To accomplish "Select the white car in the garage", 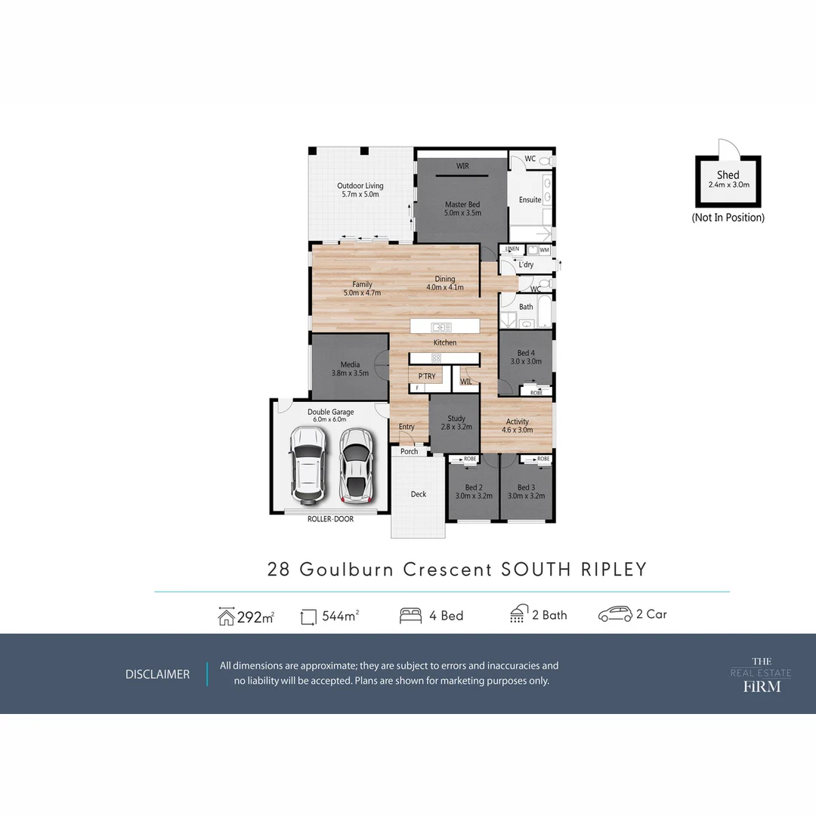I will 308,465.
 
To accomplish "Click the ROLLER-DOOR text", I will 330,519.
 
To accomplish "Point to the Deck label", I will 419,494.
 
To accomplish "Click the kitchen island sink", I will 440,327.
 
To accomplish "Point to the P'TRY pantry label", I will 426,376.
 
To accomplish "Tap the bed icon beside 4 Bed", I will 410,616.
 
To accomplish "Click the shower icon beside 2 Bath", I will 518,614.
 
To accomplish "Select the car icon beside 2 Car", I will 615,615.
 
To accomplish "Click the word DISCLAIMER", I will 157,674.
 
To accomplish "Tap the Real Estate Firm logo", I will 761,674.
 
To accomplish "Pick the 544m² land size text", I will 340,616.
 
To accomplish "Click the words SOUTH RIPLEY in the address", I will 574,569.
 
